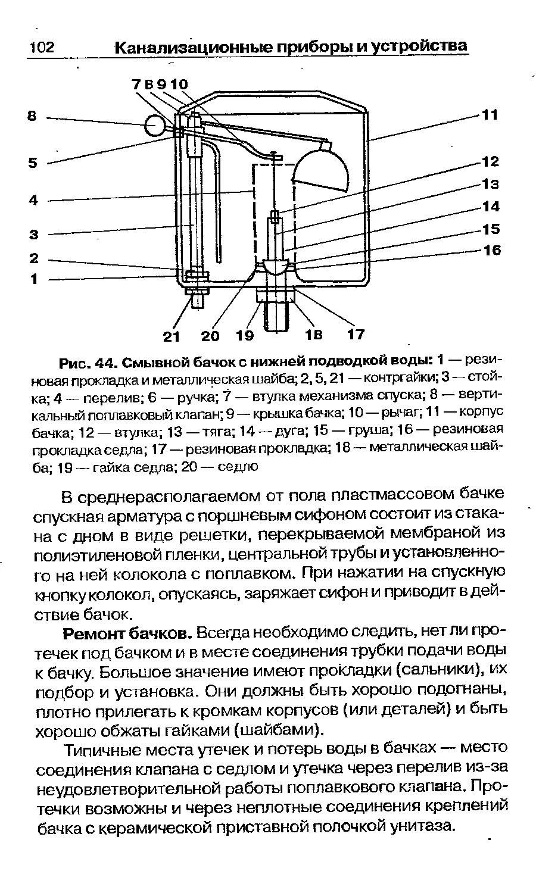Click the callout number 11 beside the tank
[489, 114]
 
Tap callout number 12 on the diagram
[490, 161]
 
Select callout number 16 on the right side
[491, 250]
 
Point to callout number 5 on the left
[33, 163]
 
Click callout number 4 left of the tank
[33, 201]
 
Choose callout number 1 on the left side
[33, 279]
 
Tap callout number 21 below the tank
[172, 336]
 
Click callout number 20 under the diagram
[210, 336]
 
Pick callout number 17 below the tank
[356, 334]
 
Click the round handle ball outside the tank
[155, 126]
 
